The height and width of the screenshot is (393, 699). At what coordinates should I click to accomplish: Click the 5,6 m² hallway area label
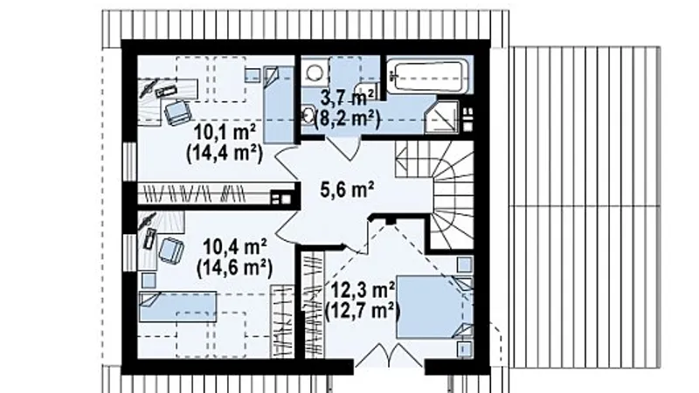(x=347, y=190)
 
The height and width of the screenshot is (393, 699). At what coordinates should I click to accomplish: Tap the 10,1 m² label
(x=225, y=132)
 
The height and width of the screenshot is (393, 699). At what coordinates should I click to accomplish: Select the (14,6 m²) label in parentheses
(x=234, y=268)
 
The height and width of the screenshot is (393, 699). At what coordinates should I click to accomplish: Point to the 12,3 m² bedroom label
(x=363, y=290)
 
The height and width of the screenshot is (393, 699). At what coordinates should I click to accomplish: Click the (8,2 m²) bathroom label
(x=347, y=120)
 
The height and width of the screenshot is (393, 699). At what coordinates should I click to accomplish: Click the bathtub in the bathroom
(x=426, y=77)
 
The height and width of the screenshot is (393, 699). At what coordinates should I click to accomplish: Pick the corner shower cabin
(x=442, y=117)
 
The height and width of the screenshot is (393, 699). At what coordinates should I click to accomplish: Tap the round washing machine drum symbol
(x=315, y=72)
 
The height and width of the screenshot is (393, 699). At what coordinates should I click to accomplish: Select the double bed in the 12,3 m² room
(x=434, y=307)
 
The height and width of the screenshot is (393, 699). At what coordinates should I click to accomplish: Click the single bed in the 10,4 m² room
(x=178, y=307)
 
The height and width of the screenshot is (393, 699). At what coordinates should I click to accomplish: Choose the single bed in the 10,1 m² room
(x=279, y=105)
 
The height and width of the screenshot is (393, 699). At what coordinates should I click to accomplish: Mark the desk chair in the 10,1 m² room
(x=177, y=113)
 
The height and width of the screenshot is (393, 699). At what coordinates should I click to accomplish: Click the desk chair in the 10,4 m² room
(x=171, y=250)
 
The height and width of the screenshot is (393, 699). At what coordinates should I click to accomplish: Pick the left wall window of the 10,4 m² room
(x=129, y=252)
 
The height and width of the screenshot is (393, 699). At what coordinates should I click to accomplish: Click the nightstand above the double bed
(x=465, y=265)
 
